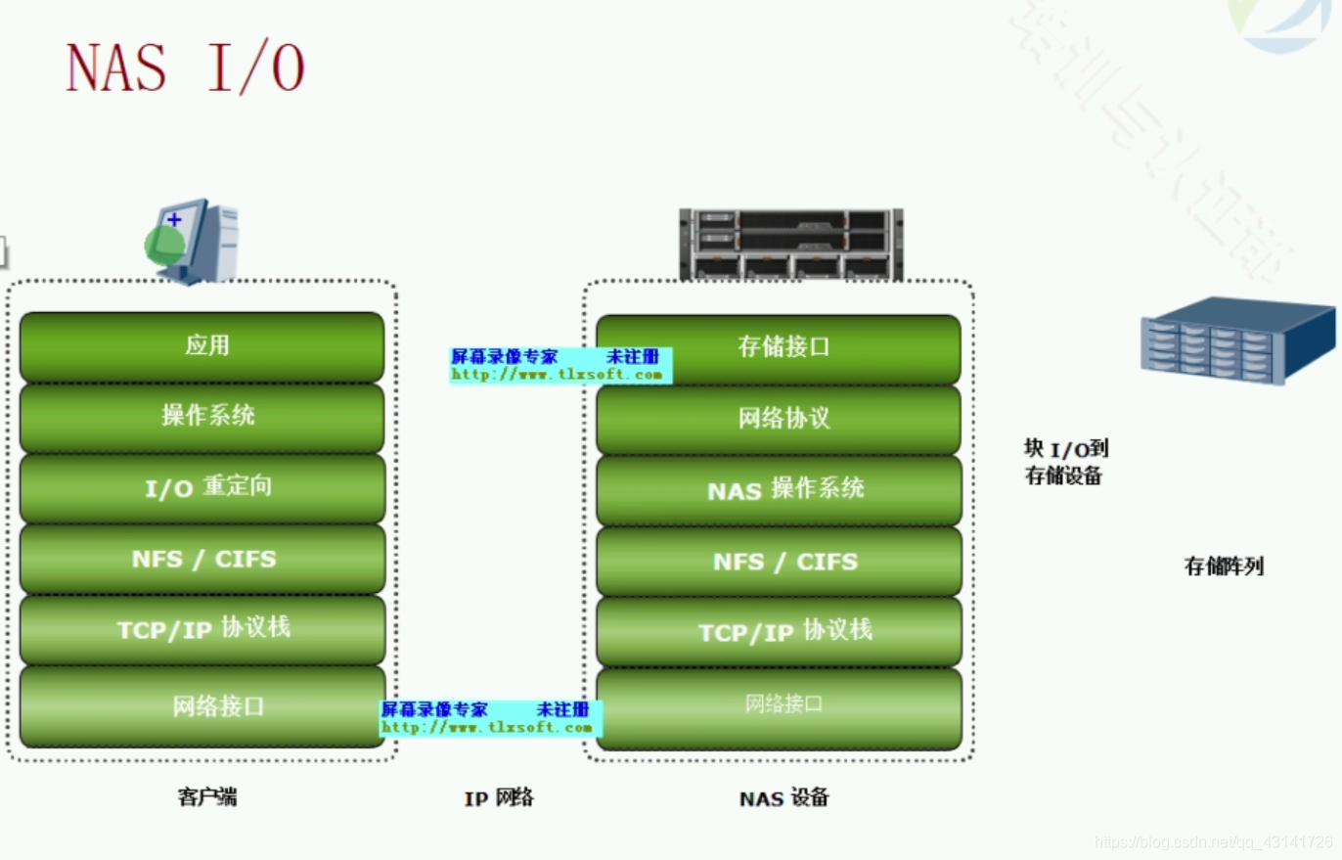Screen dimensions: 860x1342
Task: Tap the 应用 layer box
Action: pyautogui.click(x=202, y=346)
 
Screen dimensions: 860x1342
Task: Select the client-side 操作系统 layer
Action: pyautogui.click(x=202, y=417)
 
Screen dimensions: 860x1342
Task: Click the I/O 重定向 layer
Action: pyautogui.click(x=202, y=487)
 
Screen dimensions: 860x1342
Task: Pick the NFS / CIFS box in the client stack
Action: pyautogui.click(x=202, y=559)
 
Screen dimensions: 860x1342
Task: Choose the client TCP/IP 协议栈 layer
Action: pyautogui.click(x=202, y=629)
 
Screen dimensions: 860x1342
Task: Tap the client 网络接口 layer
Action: pyautogui.click(x=202, y=706)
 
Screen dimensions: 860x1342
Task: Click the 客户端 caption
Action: pyautogui.click(x=207, y=797)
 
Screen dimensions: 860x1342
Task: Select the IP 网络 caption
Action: pyautogui.click(x=499, y=798)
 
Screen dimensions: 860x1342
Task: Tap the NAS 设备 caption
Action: pyautogui.click(x=783, y=798)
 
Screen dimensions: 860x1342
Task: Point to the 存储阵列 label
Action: pyautogui.click(x=1224, y=566)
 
